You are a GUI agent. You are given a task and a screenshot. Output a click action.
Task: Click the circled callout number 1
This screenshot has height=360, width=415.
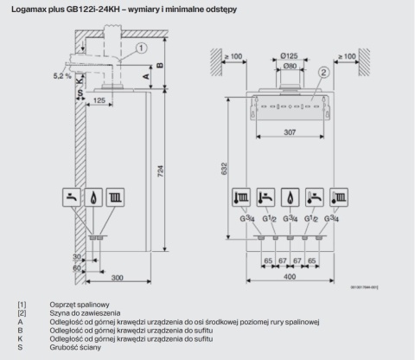tap(140, 49)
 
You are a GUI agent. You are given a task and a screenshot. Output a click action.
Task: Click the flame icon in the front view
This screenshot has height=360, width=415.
tap(292, 196)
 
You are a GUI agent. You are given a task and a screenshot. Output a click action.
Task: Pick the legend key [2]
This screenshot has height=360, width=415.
tap(22, 313)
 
